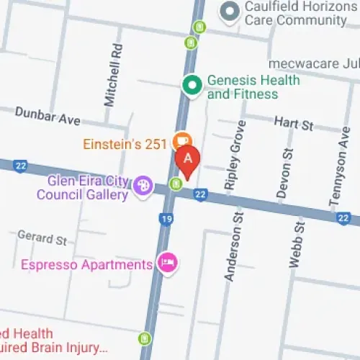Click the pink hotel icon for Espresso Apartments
pyautogui.click(x=167, y=263)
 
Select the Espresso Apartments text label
pyautogui.click(x=86, y=264)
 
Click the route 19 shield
pyautogui.click(x=166, y=218)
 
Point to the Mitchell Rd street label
pyautogui.click(x=112, y=84)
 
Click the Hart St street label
pyautogui.click(x=294, y=124)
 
